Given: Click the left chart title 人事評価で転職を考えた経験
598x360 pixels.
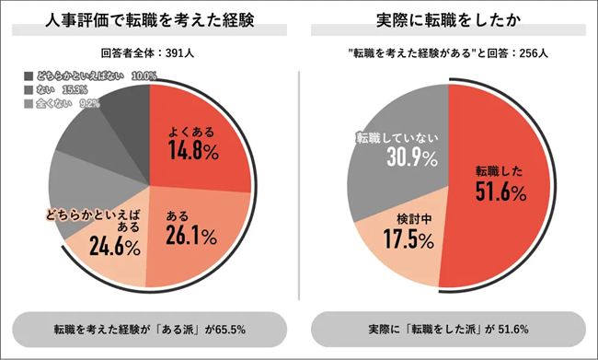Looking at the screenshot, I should click(150, 20).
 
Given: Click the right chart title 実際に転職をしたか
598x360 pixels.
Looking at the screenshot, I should click(447, 20).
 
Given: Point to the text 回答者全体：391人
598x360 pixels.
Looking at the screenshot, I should click(150, 52).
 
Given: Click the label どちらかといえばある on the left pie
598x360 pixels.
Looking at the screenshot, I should click(92, 220).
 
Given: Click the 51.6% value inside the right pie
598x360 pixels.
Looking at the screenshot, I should click(499, 192).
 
